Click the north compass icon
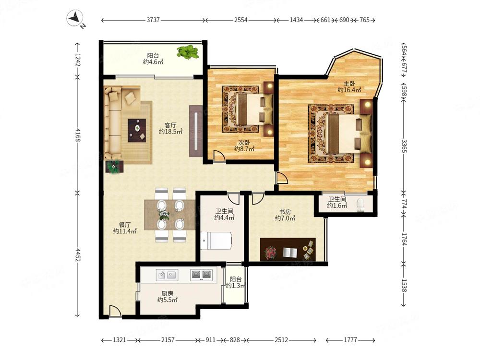(75, 18)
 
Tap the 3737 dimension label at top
(153, 20)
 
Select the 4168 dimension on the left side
(77, 135)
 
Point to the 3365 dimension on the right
(404, 146)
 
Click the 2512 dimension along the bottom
(281, 340)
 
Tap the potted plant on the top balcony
(188, 52)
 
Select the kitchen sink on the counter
(167, 275)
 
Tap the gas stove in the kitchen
(201, 275)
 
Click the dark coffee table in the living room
(137, 131)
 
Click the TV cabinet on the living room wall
(196, 131)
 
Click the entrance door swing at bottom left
(115, 311)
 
